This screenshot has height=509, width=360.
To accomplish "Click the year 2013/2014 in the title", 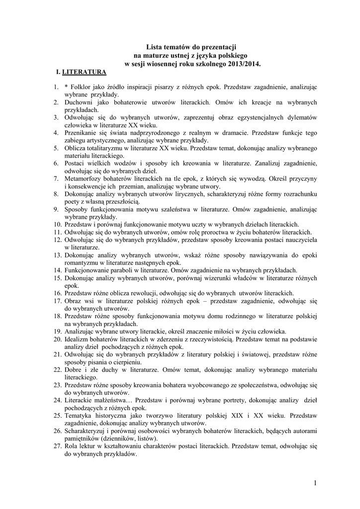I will pos(244,64).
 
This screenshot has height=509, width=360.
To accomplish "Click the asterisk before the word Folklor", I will pos(66,87).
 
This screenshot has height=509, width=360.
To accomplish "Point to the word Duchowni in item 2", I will pos(80,102).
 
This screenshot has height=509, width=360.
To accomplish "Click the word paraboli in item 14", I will pos(114,270).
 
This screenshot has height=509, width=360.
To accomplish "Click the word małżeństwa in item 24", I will pos(112,400).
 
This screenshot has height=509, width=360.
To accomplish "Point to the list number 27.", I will pos(56,446).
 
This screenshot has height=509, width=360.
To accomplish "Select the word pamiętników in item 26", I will pos(86,438).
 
